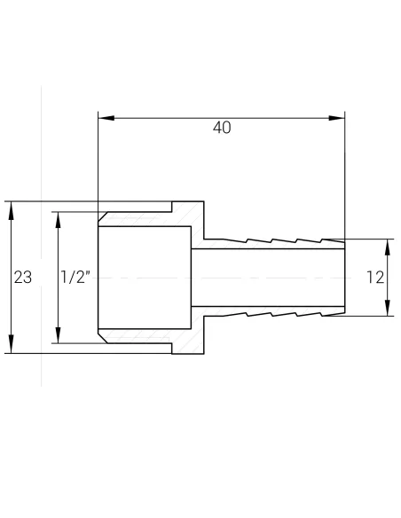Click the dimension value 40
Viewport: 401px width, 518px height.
(222, 128)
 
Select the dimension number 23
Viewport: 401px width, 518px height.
(23, 278)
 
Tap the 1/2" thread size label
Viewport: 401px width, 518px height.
(75, 278)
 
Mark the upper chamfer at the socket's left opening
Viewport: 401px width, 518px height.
(102, 217)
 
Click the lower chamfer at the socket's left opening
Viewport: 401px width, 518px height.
(102, 338)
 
